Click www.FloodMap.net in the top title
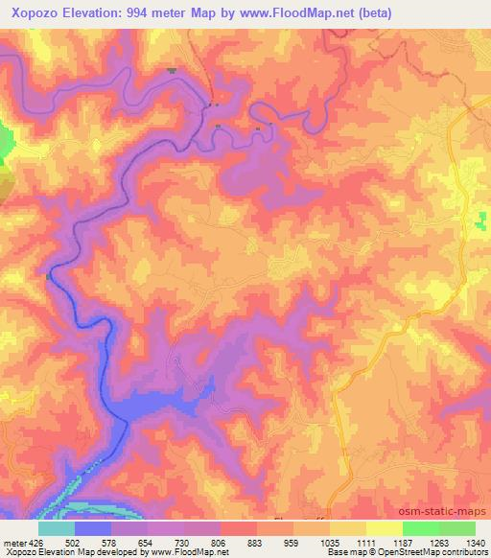(x=286, y=12)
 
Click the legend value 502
(x=74, y=543)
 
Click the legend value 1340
(x=473, y=543)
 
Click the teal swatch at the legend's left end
(x=57, y=528)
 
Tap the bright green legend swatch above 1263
(x=421, y=528)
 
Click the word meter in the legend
(x=14, y=543)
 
